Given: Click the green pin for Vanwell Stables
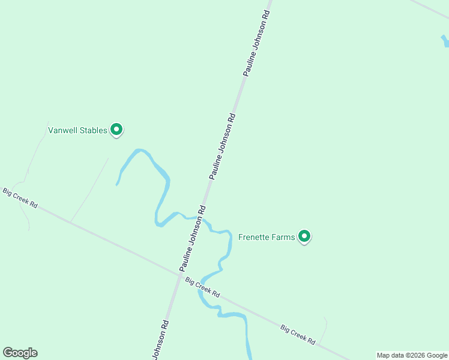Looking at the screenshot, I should (117, 129).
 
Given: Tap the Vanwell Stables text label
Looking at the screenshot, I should (77, 130).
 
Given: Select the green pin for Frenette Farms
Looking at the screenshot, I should (304, 236).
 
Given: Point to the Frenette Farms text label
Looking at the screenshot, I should (267, 237).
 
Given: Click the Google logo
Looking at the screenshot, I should (20, 353).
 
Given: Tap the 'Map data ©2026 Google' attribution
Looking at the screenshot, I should (412, 355).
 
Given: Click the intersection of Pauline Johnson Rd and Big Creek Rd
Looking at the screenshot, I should (178, 274).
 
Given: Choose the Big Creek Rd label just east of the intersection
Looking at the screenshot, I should (203, 288).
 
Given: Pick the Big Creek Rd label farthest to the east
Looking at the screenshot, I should (298, 334).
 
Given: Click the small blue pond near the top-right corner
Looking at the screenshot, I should (445, 41).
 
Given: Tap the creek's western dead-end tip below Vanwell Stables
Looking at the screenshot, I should (116, 184).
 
